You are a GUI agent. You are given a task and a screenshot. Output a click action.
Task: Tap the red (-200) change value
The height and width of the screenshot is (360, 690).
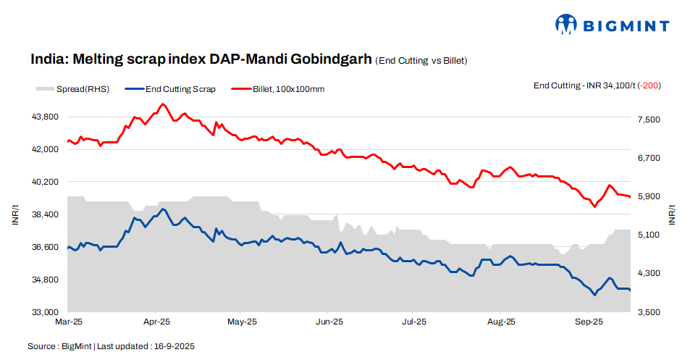tap(649, 85)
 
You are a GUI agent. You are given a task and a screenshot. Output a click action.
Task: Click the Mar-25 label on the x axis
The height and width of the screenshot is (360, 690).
tap(69, 321)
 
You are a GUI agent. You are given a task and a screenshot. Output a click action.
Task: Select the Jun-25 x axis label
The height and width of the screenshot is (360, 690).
tap(329, 321)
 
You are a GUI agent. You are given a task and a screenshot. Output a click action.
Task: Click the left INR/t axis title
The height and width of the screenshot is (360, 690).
tap(16, 215)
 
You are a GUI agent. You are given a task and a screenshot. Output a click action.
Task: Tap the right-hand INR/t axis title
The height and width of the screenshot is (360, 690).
tap(673, 215)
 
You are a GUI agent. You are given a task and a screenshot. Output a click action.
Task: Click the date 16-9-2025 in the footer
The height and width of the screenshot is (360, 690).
tap(174, 347)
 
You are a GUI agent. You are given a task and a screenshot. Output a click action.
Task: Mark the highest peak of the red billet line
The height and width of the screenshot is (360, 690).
tap(162, 104)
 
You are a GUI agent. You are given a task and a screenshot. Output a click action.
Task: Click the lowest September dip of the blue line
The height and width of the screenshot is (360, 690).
tap(594, 295)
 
